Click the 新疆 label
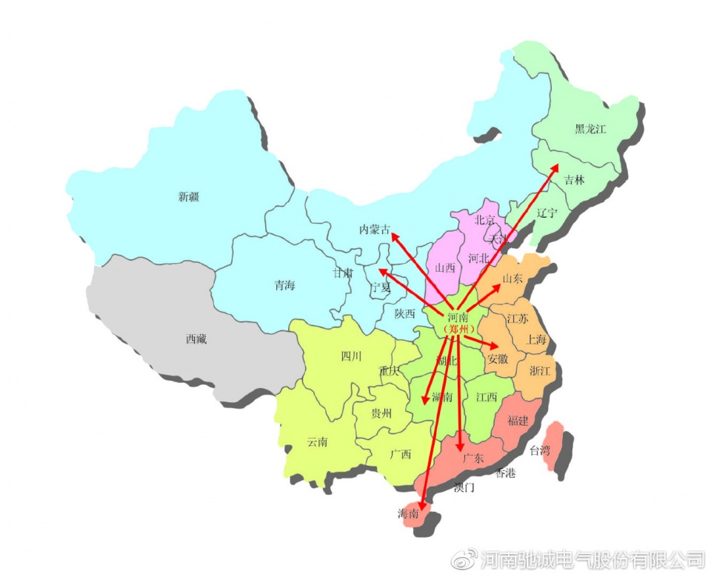point(189,197)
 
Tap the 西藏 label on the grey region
point(196,339)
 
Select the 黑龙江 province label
point(590,130)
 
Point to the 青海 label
point(284,285)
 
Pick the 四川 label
point(351,356)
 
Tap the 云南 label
point(317,442)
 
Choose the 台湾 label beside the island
point(540,450)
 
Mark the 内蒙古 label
point(375,230)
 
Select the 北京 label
point(484,220)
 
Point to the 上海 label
point(536,341)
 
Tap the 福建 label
point(518,421)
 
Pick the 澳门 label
point(464,487)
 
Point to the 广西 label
point(400,454)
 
